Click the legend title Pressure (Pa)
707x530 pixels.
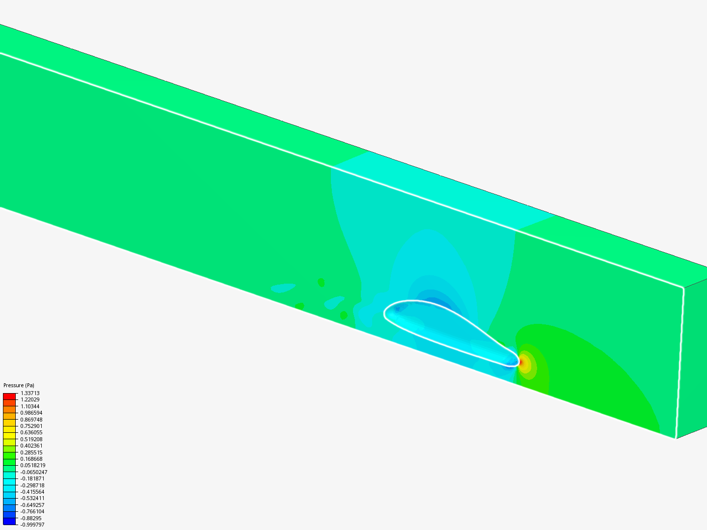click(19, 385)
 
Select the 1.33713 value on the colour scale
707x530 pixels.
click(30, 393)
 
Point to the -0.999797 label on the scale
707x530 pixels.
click(32, 525)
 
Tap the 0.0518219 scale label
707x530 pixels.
click(33, 465)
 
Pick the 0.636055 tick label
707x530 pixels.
click(31, 432)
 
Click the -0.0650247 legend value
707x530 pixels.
click(33, 472)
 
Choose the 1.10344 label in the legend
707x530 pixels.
click(30, 406)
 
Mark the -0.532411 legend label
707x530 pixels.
click(32, 498)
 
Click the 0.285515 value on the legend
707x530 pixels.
click(31, 452)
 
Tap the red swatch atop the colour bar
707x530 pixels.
click(9, 396)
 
